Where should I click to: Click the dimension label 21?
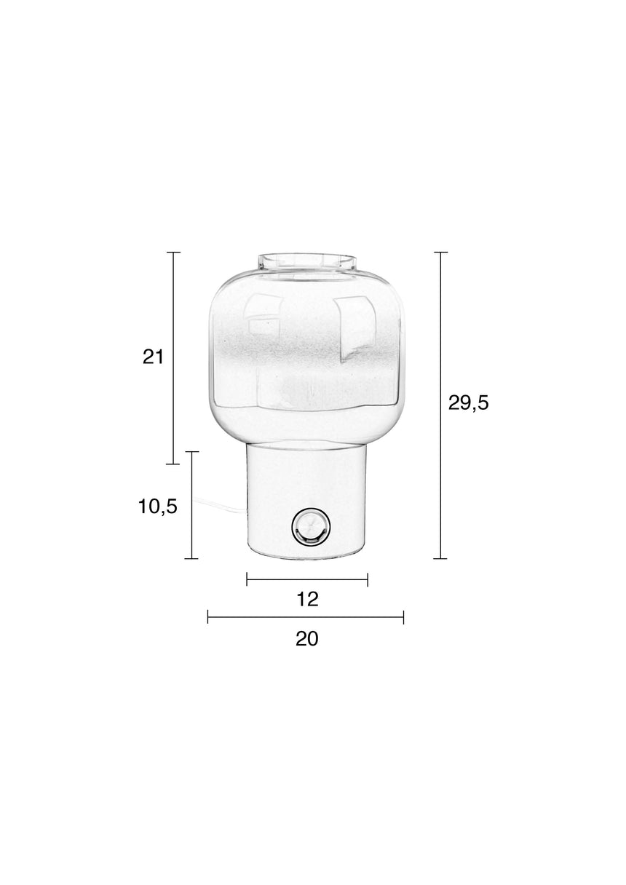(153, 357)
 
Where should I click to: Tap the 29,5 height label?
(468, 403)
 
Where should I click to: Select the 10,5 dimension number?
(158, 506)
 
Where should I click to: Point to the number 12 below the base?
(307, 600)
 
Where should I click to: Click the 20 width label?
(306, 639)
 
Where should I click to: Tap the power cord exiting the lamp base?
(221, 504)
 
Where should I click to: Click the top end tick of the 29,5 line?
(440, 252)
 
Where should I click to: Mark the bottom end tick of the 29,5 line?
(440, 559)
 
